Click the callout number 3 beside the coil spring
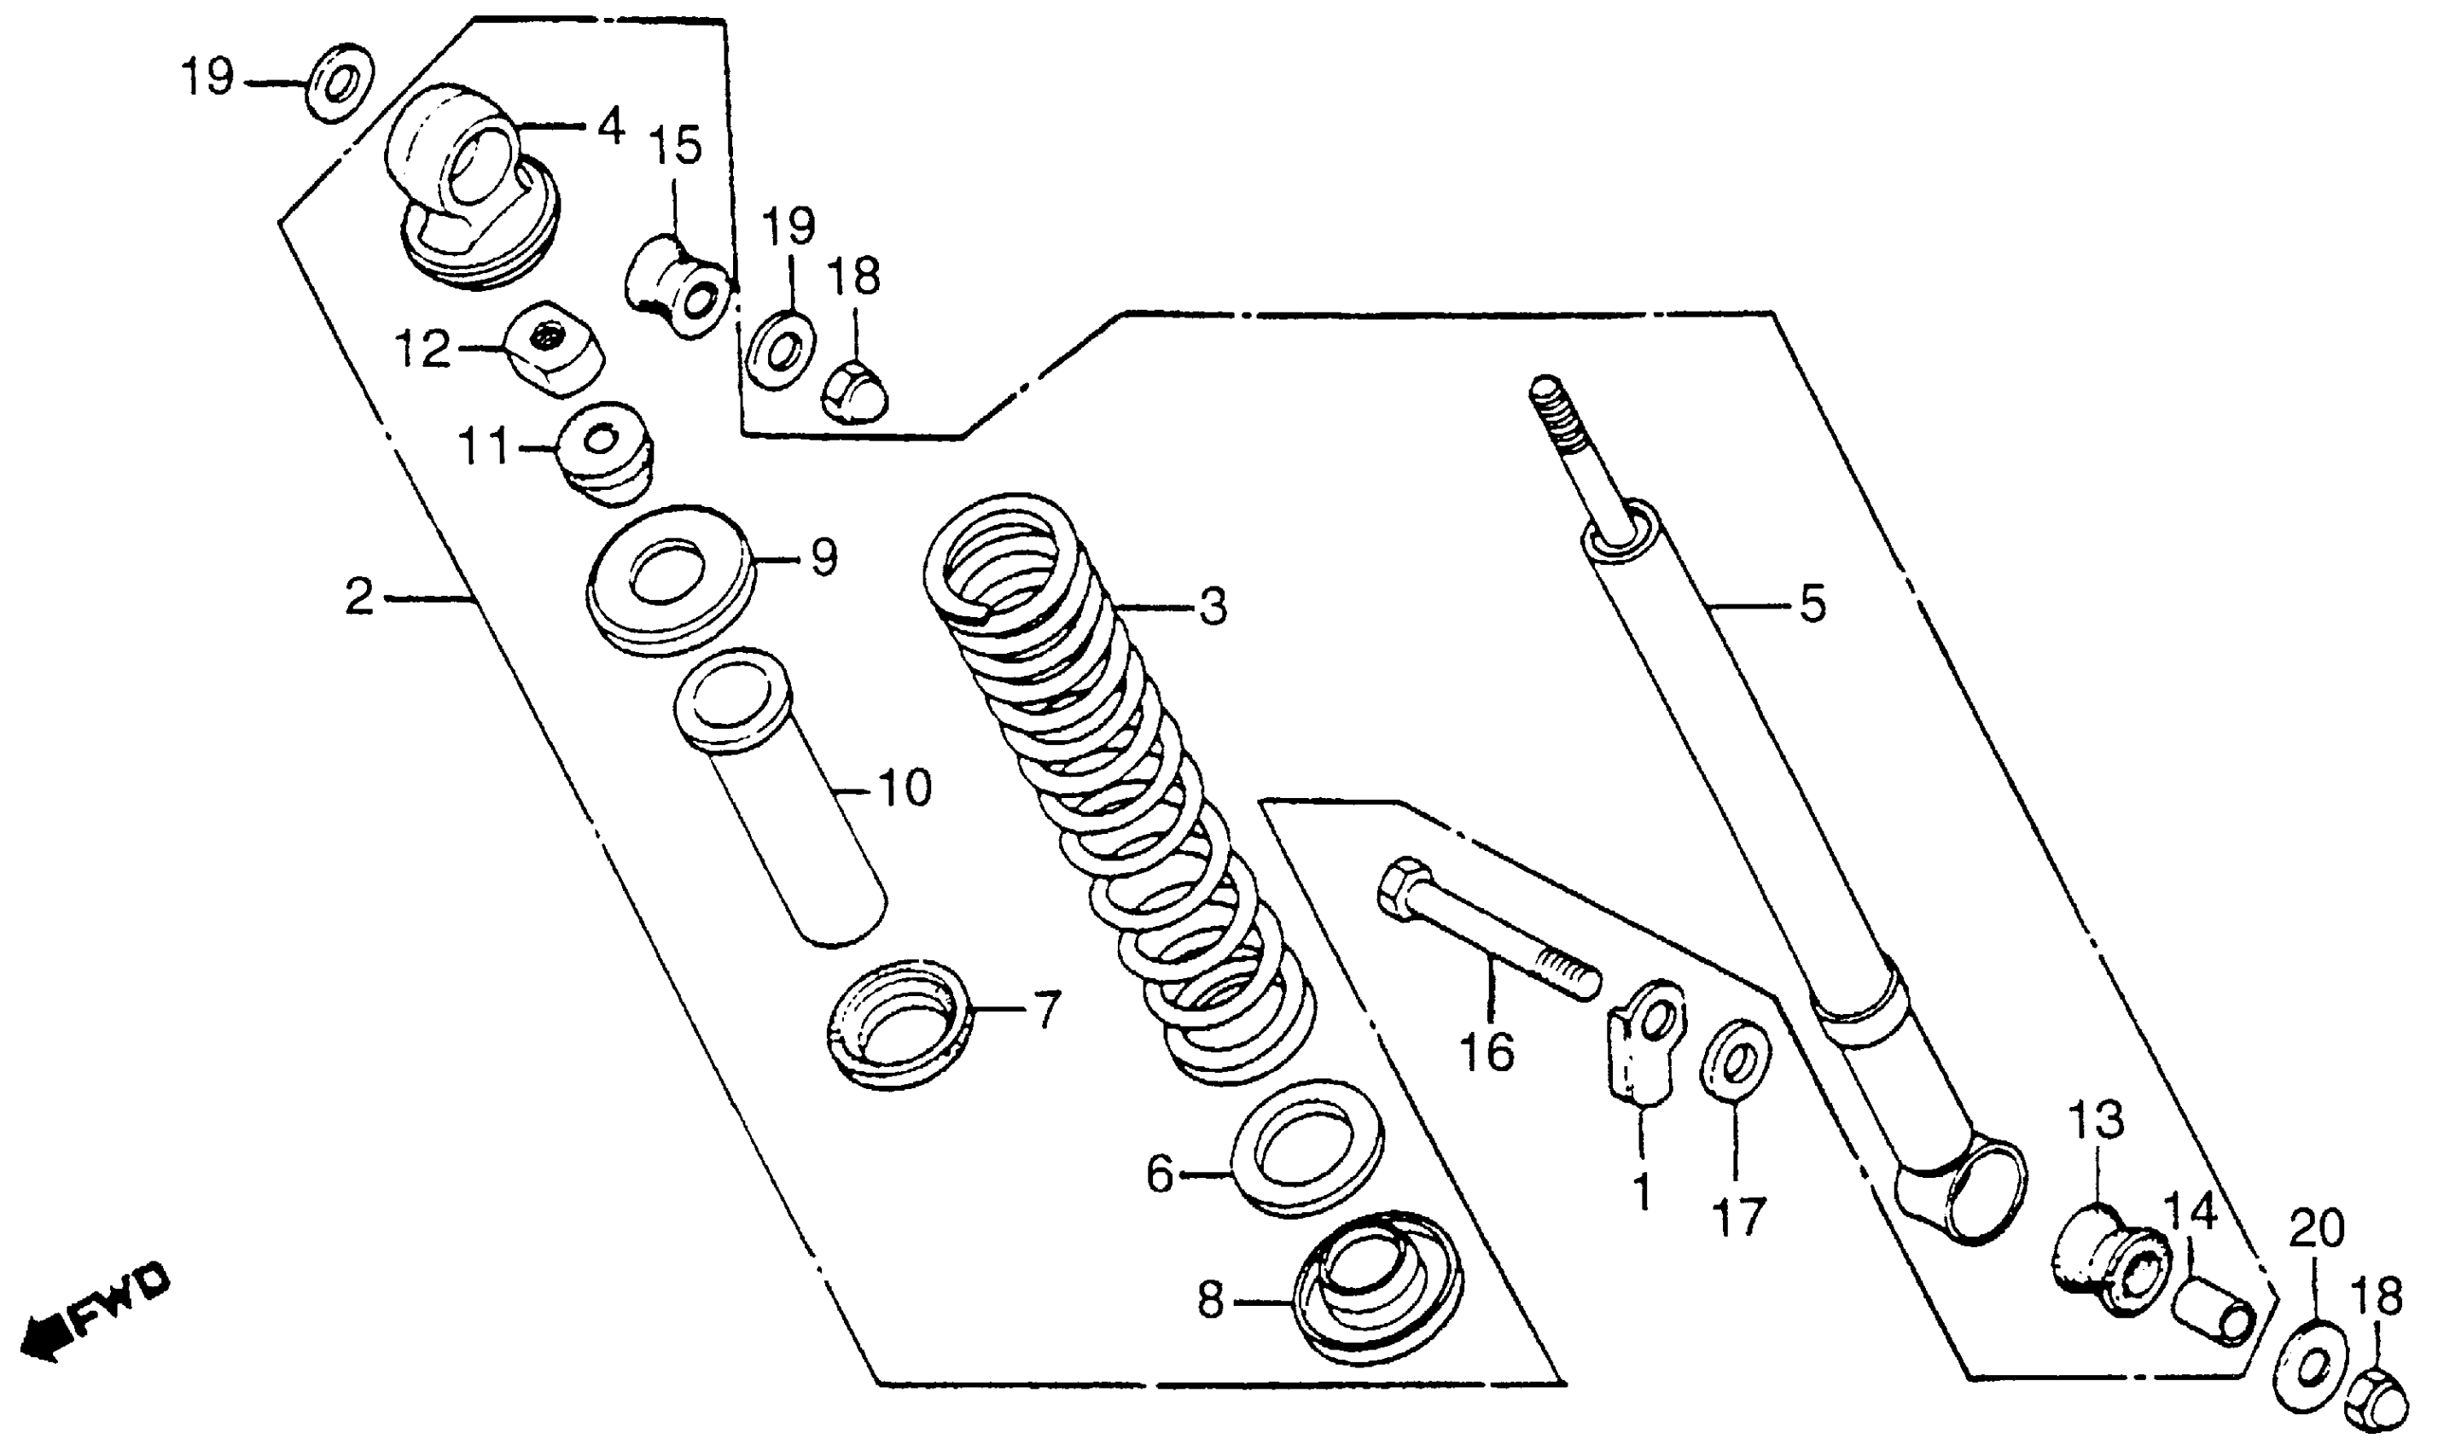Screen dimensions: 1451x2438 [x=1212, y=607]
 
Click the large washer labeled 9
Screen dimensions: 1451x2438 [x=672, y=579]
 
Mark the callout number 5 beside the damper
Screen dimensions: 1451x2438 [x=1812, y=604]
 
